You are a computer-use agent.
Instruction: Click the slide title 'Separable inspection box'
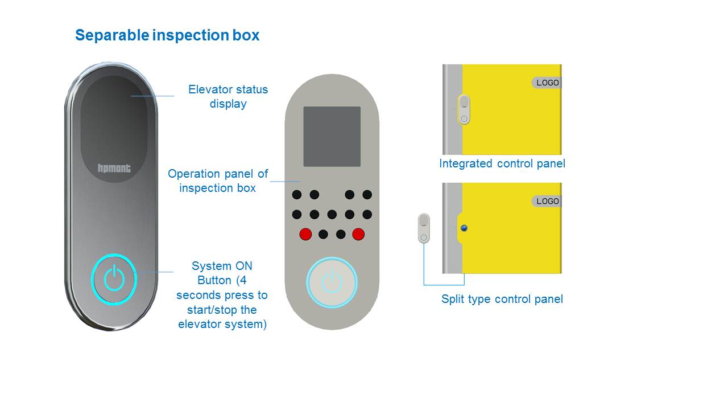[167, 35]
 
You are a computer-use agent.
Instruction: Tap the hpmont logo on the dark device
[114, 168]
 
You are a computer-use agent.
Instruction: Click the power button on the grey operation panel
[332, 282]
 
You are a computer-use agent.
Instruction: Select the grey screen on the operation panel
[332, 137]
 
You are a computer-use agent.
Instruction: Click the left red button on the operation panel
[305, 234]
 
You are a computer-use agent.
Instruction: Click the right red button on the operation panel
[358, 234]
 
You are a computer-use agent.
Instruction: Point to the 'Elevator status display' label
[227, 96]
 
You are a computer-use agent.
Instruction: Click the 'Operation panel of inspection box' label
[218, 181]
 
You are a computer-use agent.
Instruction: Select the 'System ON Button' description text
[222, 295]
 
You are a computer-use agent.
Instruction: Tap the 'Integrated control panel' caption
[502, 164]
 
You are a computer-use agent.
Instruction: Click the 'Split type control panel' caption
[502, 299]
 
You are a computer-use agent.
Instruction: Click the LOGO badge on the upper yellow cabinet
[547, 83]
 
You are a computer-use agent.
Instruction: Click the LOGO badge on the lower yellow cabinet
[547, 201]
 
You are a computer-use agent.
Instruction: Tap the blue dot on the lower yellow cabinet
[464, 228]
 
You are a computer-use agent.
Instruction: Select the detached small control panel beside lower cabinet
[424, 228]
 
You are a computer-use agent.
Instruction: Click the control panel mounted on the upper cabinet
[464, 109]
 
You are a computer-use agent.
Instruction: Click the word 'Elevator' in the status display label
[208, 89]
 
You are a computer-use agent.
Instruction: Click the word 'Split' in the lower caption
[453, 299]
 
